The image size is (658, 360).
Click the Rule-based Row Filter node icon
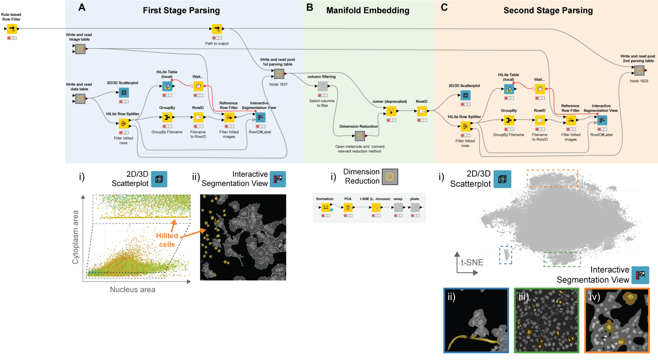(12, 29)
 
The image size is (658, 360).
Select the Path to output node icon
(217, 29)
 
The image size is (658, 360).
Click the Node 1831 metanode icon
(279, 74)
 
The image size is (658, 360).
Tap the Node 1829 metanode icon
(639, 70)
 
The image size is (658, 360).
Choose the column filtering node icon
(323, 86)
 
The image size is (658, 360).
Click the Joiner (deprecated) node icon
(391, 111)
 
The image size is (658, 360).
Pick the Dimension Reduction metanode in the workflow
(360, 136)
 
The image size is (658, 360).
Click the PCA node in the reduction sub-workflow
(348, 208)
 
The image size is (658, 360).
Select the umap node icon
(398, 208)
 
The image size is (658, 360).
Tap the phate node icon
(415, 208)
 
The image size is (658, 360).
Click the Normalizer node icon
(326, 208)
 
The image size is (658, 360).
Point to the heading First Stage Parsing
(181, 10)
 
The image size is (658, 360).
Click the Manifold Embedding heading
(368, 10)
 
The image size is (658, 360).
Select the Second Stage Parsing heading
(548, 10)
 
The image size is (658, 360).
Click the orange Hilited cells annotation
(167, 240)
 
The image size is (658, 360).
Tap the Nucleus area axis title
(133, 290)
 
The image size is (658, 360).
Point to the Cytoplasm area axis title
(76, 237)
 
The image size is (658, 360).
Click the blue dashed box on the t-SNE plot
(506, 255)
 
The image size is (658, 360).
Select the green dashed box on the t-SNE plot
(562, 259)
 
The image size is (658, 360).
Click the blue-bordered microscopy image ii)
(476, 320)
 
